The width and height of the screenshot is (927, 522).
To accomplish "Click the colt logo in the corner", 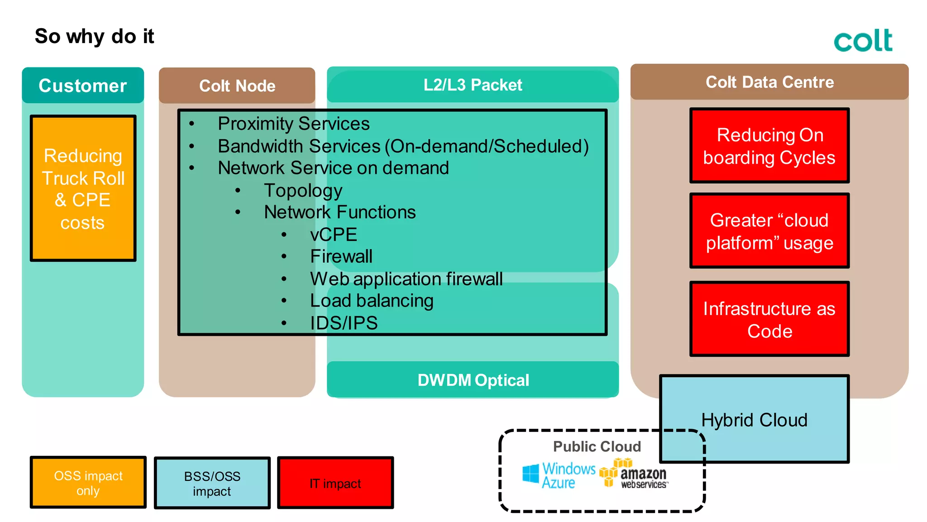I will coord(863,40).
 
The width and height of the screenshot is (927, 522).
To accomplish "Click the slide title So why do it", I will coord(94,36).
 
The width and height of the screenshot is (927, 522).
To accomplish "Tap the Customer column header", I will coord(83,86).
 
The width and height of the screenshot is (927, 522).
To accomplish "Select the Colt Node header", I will coord(237,86).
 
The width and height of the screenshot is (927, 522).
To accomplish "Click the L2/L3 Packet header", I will coord(473,85).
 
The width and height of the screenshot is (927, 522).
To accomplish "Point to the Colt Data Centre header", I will coord(769,82).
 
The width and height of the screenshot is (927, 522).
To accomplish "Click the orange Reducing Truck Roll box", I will coord(83,188).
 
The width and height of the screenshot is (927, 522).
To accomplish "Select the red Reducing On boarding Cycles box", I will coord(769,146).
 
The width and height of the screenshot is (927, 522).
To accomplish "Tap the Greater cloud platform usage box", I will coord(769,231).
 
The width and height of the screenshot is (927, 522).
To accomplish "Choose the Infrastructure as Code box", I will coord(769,319).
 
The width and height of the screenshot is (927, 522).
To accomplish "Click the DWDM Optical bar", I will coord(473,380).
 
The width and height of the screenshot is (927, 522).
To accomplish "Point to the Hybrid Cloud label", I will coord(754,420).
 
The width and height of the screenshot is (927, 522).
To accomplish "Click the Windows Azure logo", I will coord(559,475).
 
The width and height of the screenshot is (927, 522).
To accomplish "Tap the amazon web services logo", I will coord(634,474).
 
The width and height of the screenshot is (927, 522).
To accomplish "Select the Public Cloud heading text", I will coord(597,446).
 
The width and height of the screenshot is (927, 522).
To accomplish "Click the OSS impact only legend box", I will coord(88,483).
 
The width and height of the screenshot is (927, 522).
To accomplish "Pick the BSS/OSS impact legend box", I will coord(212,483).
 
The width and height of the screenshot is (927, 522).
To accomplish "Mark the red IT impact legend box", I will coord(335,483).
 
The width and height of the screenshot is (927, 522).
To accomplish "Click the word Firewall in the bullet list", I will coord(341,256).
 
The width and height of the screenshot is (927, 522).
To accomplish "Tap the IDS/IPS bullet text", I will coord(344,323).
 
